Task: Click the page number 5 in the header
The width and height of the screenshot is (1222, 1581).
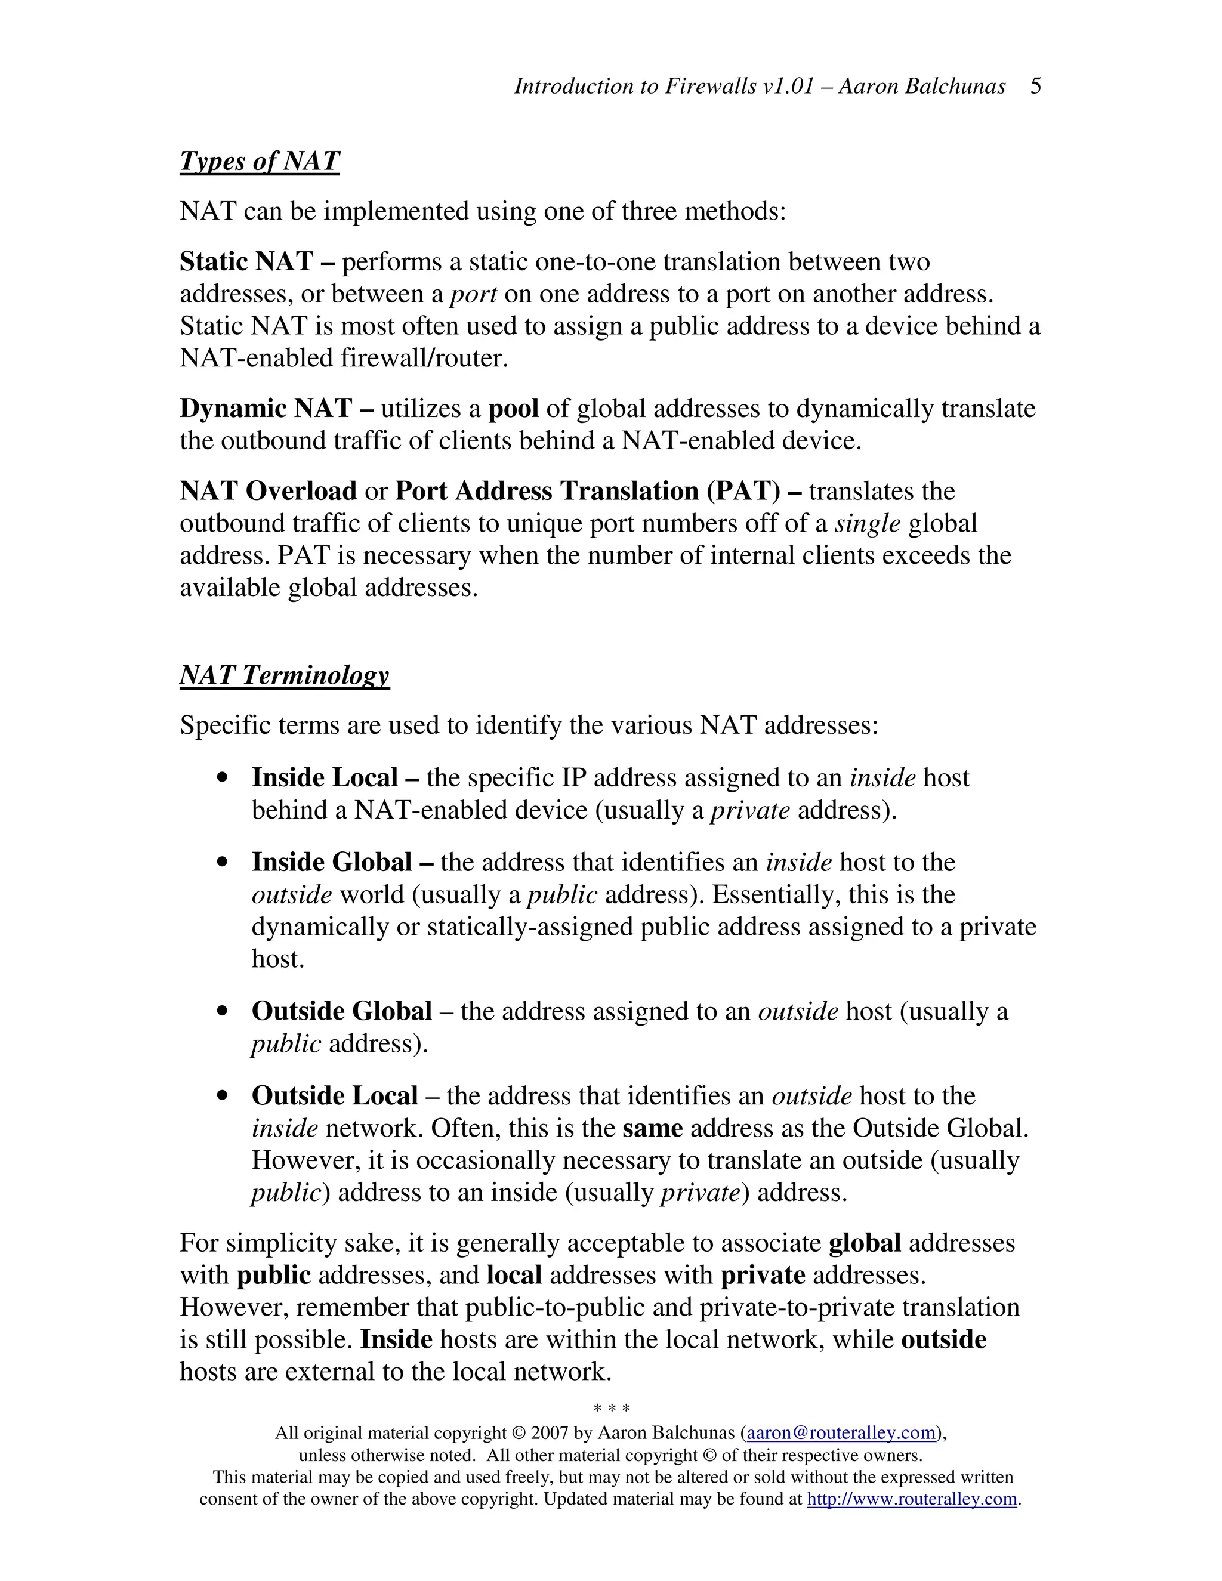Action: (1035, 86)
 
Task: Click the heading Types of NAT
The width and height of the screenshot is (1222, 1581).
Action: (259, 160)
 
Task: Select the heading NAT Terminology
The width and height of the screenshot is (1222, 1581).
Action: (285, 675)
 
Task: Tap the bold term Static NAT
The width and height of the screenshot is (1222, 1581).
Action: (246, 261)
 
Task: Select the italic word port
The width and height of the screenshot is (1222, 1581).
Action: (473, 294)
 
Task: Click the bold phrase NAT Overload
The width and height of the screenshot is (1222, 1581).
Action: (268, 491)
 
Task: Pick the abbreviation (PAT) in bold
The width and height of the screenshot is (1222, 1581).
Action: (743, 491)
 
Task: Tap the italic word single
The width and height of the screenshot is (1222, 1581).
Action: (867, 523)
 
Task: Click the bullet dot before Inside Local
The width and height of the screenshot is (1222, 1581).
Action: (223, 778)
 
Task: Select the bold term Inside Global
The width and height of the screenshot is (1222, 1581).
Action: (332, 862)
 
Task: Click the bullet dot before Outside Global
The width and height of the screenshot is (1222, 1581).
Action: (223, 1012)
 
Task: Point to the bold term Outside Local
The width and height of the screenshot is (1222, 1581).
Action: (335, 1096)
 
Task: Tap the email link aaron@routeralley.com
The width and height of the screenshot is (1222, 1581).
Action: (841, 1433)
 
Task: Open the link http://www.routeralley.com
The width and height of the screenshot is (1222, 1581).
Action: (912, 1499)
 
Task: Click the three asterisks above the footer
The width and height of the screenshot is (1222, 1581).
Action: (612, 1409)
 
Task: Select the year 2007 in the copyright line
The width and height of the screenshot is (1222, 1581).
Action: (550, 1433)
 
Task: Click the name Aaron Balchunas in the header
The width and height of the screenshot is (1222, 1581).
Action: (922, 86)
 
